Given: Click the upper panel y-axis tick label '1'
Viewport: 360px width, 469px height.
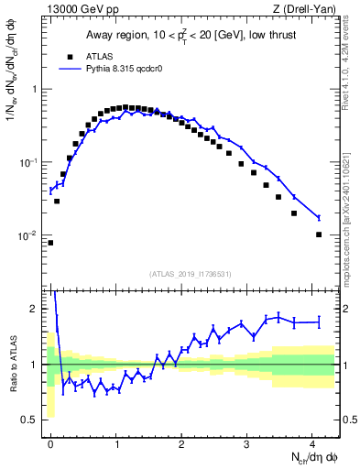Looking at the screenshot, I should (x=36, y=89).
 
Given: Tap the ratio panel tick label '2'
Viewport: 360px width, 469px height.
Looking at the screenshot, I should (x=36, y=309).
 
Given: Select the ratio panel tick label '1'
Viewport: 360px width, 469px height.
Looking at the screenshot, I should (x=36, y=365).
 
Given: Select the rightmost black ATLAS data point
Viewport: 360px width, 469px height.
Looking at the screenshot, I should (x=319, y=234).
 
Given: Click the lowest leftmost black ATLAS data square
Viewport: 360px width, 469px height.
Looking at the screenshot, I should (x=50, y=243).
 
